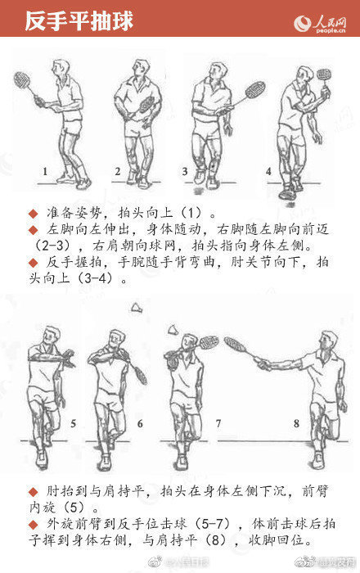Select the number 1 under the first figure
(46, 172)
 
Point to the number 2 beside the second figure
(118, 172)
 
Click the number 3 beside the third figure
(185, 172)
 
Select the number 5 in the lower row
(73, 423)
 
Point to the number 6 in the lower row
(140, 423)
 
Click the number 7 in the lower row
(218, 423)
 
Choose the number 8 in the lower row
(296, 423)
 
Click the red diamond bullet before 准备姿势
(33, 211)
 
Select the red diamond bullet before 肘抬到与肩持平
(33, 491)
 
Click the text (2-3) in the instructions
(56, 245)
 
